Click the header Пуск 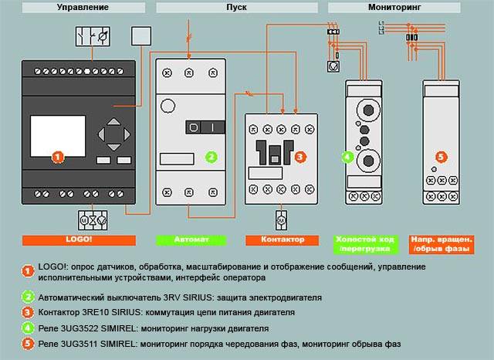pos(237,7)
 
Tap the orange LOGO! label pos(67,239)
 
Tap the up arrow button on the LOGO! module pos(113,121)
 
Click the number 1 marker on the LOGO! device pos(56,157)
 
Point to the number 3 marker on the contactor pos(299,157)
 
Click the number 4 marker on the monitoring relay pos(348,157)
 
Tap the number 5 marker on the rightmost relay pos(441,157)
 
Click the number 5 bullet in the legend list pos(29,343)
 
